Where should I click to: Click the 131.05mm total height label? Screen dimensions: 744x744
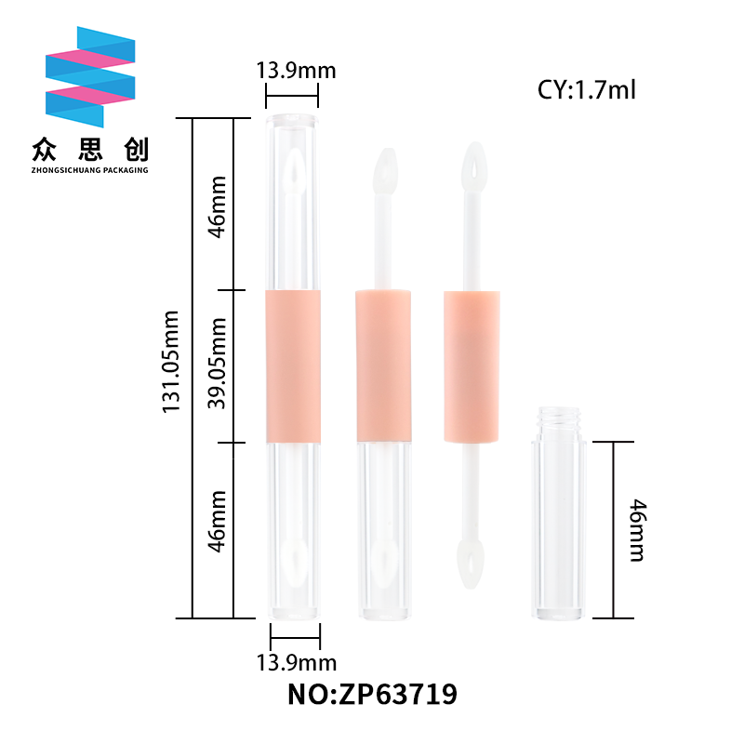click(171, 362)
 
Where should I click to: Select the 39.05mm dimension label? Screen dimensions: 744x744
click(217, 364)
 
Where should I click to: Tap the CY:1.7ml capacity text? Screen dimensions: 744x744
click(586, 89)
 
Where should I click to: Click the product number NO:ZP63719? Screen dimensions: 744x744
click(373, 694)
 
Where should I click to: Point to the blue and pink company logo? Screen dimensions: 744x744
click(90, 77)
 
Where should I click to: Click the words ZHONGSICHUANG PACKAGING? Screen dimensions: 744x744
click(89, 170)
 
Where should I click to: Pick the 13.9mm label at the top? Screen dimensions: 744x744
click(296, 71)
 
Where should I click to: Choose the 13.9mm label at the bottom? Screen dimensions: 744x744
click(297, 662)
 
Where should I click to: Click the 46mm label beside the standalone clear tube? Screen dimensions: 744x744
click(638, 530)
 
